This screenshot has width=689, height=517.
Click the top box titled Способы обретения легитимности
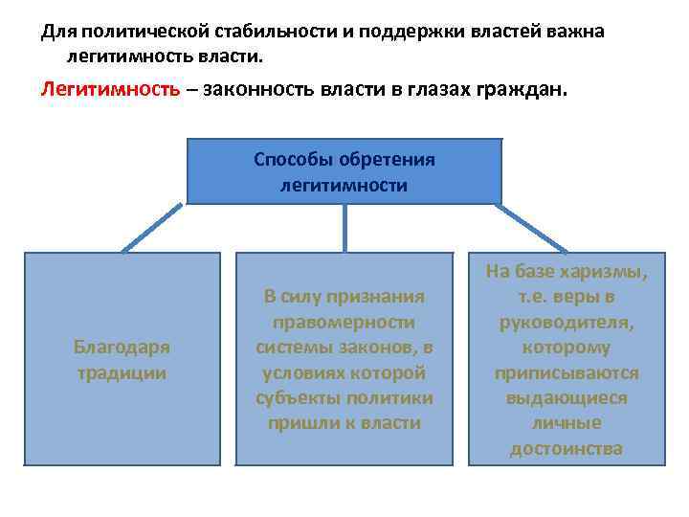344,171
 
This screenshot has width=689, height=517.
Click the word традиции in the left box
122,372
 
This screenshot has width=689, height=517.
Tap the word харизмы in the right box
608,273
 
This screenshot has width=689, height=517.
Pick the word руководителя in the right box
567,323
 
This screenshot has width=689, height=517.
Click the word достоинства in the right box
567,447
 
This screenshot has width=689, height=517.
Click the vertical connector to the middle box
344,229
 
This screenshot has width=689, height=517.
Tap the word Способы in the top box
288,159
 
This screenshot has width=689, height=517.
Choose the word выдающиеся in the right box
567,397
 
